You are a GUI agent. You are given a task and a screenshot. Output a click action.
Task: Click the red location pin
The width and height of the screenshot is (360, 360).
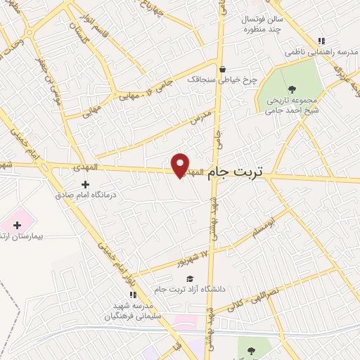click(181, 165)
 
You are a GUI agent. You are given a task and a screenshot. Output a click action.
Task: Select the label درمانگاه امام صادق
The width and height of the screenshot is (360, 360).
click(84, 195)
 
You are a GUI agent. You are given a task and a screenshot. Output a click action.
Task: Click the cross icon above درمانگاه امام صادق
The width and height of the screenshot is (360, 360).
click(86, 184)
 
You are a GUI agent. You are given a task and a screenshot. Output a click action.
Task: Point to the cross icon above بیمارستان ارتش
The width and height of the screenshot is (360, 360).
click(17, 224)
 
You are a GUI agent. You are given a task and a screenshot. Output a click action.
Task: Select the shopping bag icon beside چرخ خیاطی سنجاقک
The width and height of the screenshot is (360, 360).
click(223, 69)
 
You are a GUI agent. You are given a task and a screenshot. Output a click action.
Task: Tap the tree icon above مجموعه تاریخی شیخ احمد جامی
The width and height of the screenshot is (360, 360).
click(292, 89)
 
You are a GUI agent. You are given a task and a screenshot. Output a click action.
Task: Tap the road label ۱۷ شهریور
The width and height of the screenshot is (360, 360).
click(195, 259)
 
